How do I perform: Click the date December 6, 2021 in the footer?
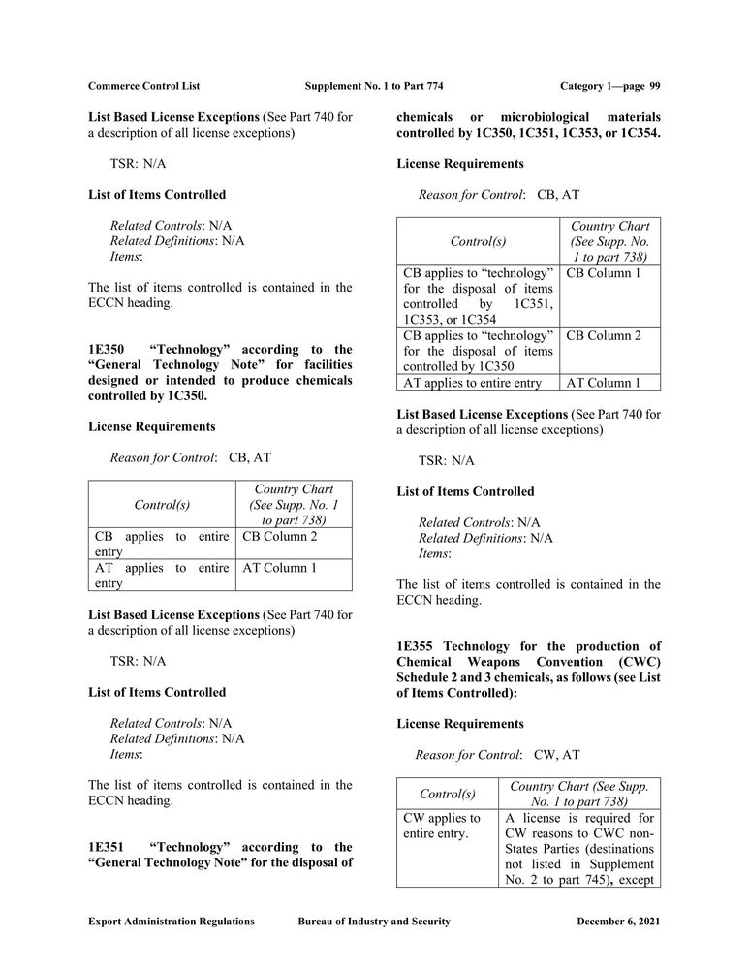click(618, 921)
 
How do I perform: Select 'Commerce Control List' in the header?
click(143, 86)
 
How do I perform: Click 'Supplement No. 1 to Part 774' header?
click(374, 86)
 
